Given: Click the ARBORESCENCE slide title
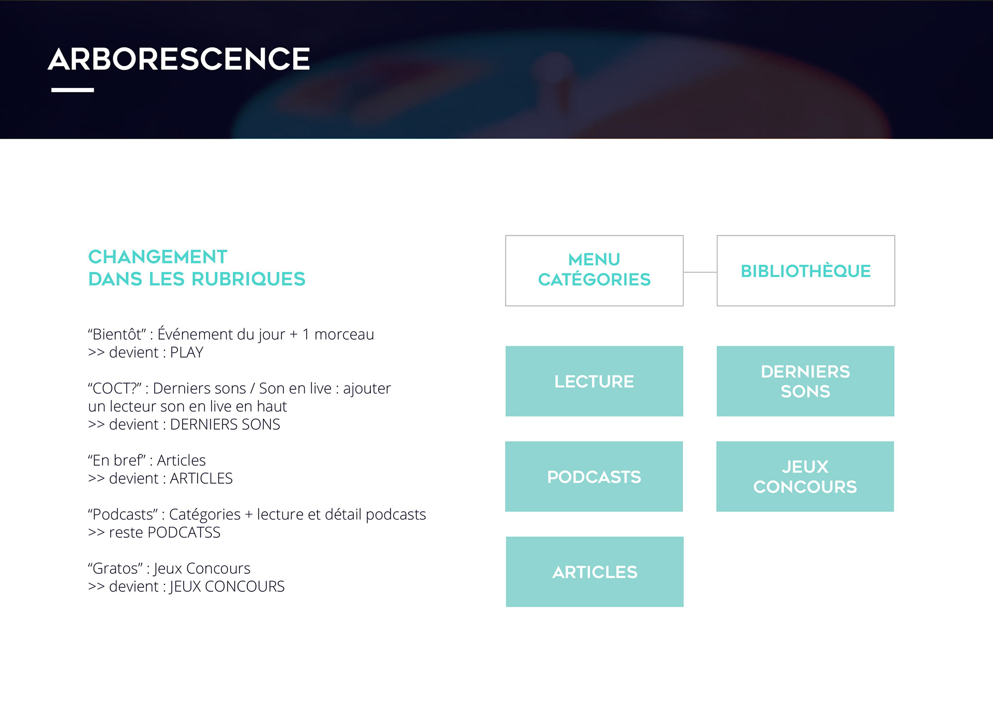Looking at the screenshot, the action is click(x=179, y=59).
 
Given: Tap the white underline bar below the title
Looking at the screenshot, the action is click(x=72, y=90).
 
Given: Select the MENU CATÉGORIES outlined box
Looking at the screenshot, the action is click(x=594, y=270).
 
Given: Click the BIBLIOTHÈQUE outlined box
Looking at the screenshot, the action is click(x=805, y=270).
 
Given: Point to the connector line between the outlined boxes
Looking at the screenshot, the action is click(x=700, y=272).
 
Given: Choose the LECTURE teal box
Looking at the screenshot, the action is click(x=594, y=381).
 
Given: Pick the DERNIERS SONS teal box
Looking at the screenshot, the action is click(x=805, y=381).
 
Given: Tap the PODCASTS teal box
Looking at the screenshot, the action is click(x=594, y=476).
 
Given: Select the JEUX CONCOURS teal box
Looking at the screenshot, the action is click(x=805, y=476).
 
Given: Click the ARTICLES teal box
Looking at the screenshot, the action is click(x=595, y=572).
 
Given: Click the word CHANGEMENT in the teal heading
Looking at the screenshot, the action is click(x=158, y=257).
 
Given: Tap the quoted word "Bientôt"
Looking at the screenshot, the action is click(x=117, y=334).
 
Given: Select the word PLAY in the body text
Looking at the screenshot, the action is click(x=187, y=353).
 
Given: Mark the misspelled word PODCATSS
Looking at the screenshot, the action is click(x=184, y=532).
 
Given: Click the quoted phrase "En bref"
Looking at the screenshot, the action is click(x=117, y=460).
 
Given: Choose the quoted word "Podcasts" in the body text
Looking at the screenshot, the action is click(x=123, y=514).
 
